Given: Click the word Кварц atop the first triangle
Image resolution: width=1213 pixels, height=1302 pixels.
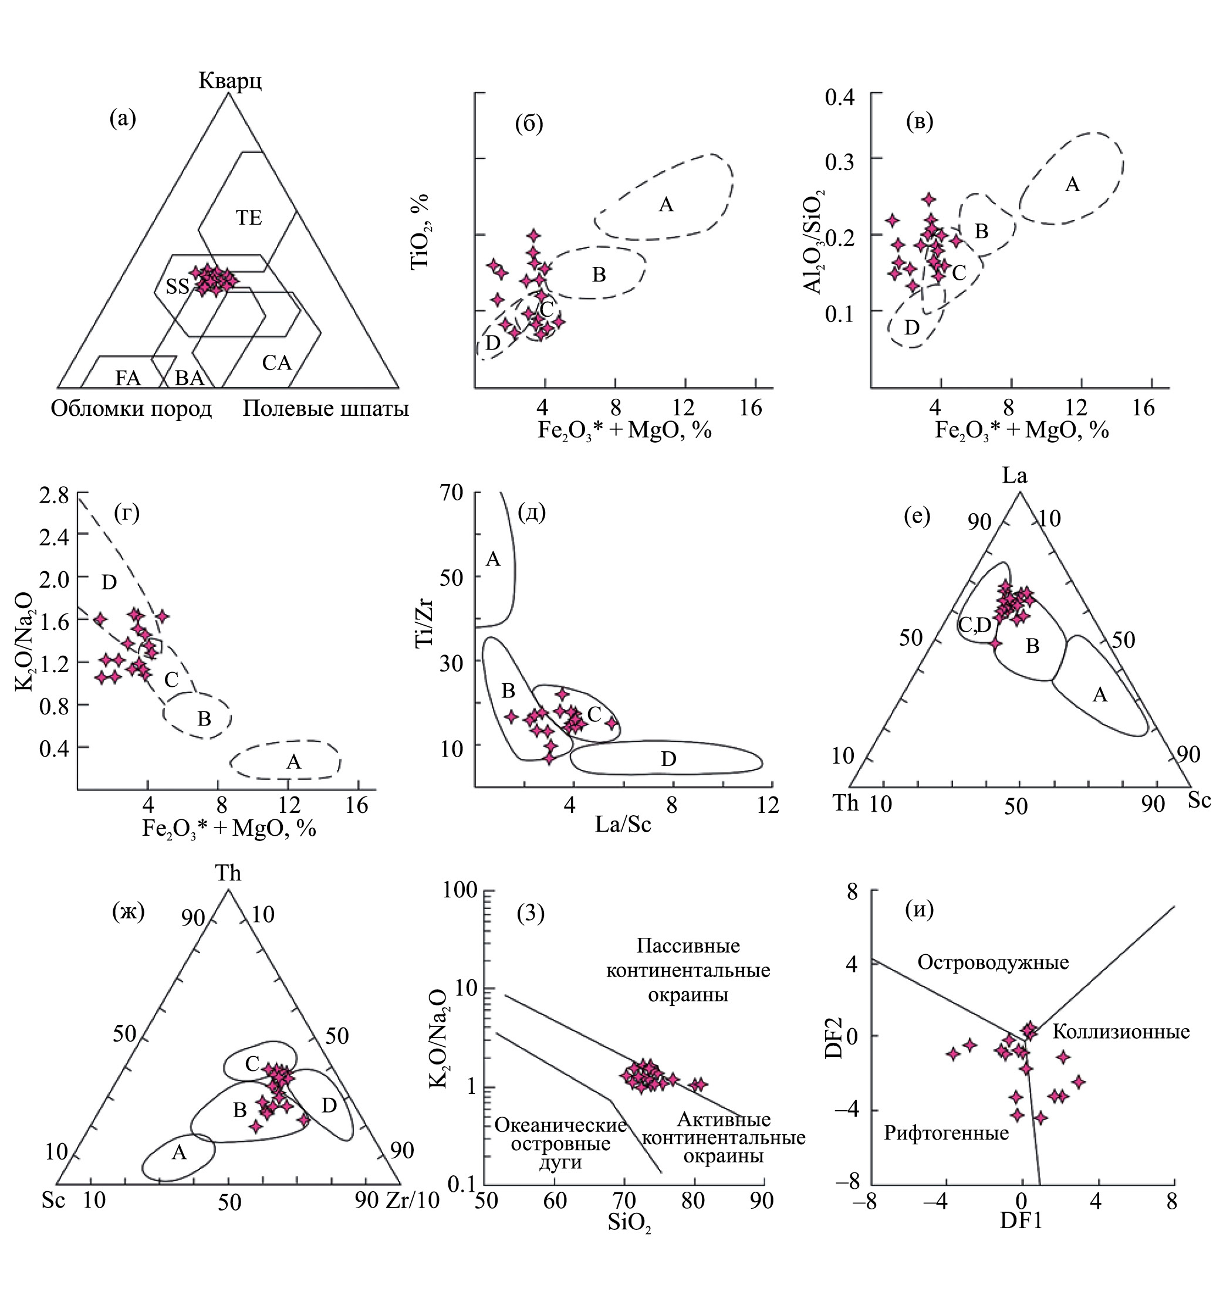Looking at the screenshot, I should coord(230,81).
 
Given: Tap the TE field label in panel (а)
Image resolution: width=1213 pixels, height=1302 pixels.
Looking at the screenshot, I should coord(248,218).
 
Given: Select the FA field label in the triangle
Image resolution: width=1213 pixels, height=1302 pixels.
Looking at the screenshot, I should coord(128,378).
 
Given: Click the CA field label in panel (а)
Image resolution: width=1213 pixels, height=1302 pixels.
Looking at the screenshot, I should coord(276,363).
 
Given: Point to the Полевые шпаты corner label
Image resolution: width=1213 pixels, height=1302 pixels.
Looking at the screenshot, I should coord(326,409).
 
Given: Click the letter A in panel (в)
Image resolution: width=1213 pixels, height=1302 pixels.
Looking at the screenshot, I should coord(1072,185).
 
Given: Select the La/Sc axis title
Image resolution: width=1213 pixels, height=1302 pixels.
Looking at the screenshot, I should coord(623,825).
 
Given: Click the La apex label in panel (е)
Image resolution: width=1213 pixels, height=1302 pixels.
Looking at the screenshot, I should coord(1015,475).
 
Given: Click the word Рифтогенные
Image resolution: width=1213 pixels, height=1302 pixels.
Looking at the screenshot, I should coord(945,1133).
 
